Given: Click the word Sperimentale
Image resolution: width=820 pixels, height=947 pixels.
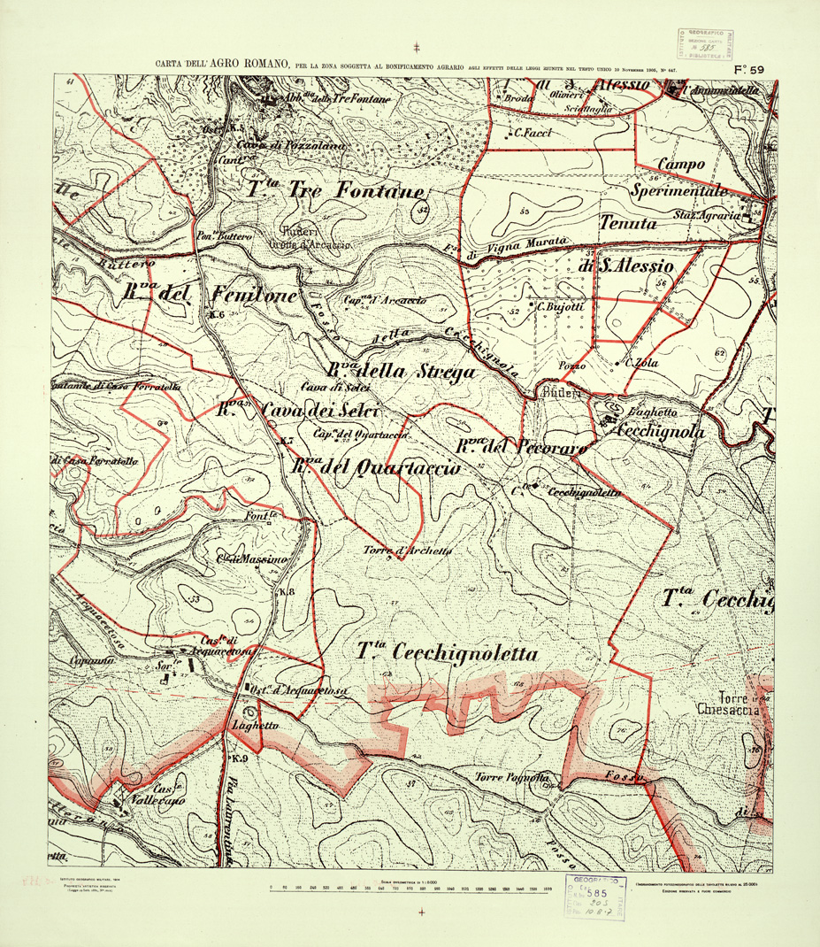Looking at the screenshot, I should [680, 190].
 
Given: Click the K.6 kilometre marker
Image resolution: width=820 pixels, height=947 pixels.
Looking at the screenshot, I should [217, 314].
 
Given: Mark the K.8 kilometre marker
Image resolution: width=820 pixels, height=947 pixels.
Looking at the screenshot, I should [286, 591].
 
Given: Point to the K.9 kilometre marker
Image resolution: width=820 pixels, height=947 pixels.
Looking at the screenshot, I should [239, 759].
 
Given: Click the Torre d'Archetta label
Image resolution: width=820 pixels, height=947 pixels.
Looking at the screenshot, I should [408, 550].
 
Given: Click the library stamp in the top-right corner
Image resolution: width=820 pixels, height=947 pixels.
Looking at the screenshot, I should [707, 42].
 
